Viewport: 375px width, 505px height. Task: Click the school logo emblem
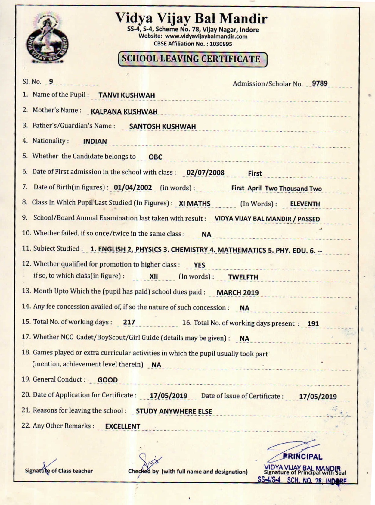click(47, 39)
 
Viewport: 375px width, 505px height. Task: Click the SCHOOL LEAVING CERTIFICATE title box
click(193, 59)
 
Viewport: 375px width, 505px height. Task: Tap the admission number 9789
click(320, 83)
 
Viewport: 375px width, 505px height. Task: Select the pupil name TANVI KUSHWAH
click(126, 95)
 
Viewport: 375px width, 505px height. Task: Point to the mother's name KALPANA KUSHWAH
click(124, 112)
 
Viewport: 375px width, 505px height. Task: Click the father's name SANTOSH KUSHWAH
click(162, 127)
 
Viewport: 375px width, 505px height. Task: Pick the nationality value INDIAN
click(95, 142)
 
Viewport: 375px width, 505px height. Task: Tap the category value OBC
click(155, 157)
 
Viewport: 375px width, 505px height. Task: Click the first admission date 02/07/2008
click(205, 173)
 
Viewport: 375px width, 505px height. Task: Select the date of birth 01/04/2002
click(133, 188)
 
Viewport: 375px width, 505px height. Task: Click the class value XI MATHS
click(194, 204)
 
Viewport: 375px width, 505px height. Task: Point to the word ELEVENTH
click(305, 204)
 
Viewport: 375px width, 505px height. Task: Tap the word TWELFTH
click(243, 277)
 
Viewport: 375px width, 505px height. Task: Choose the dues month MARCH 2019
click(237, 293)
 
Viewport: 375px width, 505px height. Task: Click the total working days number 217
click(129, 322)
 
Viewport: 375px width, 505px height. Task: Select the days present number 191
click(313, 324)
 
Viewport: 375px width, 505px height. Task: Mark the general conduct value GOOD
click(107, 380)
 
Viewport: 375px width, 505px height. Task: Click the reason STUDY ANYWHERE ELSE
click(174, 411)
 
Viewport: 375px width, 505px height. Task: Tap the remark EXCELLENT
click(122, 427)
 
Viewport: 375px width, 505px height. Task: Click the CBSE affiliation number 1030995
click(221, 44)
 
